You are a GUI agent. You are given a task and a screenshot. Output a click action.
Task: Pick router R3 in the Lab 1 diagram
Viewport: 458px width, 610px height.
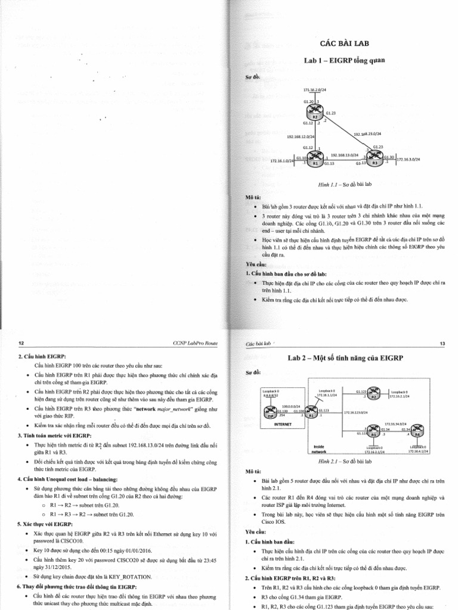point(376,160)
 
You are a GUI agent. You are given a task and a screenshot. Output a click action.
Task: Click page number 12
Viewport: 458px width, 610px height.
point(21,344)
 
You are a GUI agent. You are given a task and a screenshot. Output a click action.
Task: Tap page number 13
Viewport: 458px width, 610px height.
point(442,344)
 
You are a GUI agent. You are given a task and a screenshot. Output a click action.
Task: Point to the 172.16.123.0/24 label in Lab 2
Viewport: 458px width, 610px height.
point(358,412)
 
